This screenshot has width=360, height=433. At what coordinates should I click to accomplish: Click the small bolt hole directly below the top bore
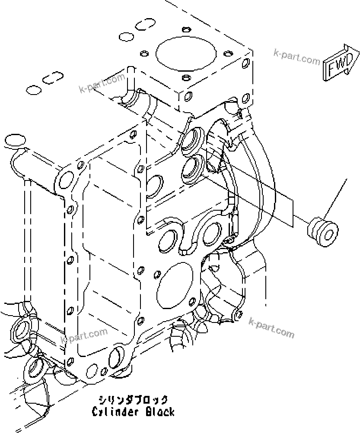coord(186,78)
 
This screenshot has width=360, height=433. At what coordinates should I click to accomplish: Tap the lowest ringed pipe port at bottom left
coord(34,368)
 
